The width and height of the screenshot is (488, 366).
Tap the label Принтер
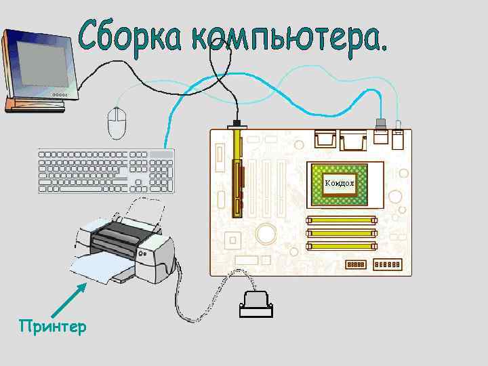point(53,327)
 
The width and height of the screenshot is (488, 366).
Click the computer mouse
point(117,122)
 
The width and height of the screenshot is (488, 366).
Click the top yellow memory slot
point(342,220)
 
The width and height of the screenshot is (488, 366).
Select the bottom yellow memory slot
point(342,246)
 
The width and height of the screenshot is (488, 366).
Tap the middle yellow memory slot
point(342,233)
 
